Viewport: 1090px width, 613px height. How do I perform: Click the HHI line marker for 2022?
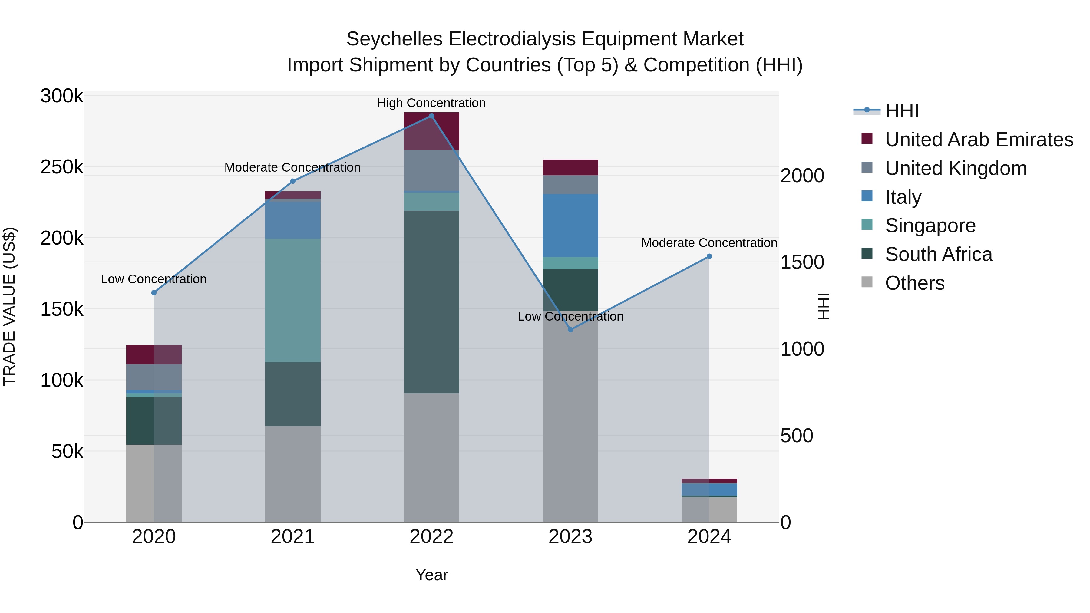tap(431, 116)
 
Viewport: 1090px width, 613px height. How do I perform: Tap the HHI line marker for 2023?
tap(570, 330)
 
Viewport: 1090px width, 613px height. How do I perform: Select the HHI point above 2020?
tap(154, 293)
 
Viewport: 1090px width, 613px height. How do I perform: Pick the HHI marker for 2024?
tap(710, 256)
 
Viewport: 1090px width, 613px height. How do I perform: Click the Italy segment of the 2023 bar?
tap(570, 226)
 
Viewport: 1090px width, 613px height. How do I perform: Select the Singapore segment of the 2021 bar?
tap(293, 300)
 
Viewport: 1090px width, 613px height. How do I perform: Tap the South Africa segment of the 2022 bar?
tap(431, 302)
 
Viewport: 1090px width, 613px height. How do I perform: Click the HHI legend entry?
tap(901, 111)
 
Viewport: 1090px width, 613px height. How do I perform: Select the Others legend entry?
tap(914, 283)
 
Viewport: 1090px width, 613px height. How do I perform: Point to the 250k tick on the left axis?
tap(62, 167)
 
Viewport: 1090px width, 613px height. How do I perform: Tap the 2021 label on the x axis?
tap(293, 537)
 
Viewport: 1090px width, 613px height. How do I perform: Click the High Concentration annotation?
tap(431, 103)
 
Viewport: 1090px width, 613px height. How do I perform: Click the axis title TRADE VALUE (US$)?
tap(9, 306)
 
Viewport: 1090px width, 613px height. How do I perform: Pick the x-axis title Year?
tap(431, 575)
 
